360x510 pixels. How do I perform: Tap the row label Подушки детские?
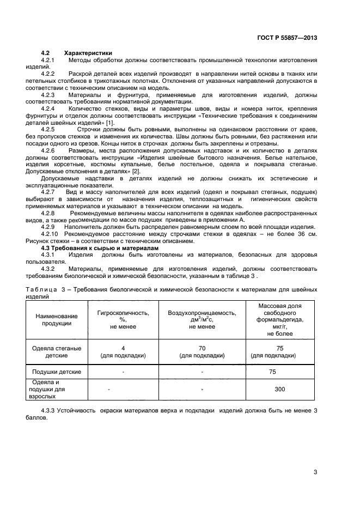pyautogui.click(x=57, y=372)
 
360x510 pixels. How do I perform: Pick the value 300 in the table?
pyautogui.click(x=280, y=390)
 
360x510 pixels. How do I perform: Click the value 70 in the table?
pyautogui.click(x=202, y=348)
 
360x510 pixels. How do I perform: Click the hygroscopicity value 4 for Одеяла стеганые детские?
pyautogui.click(x=123, y=348)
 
